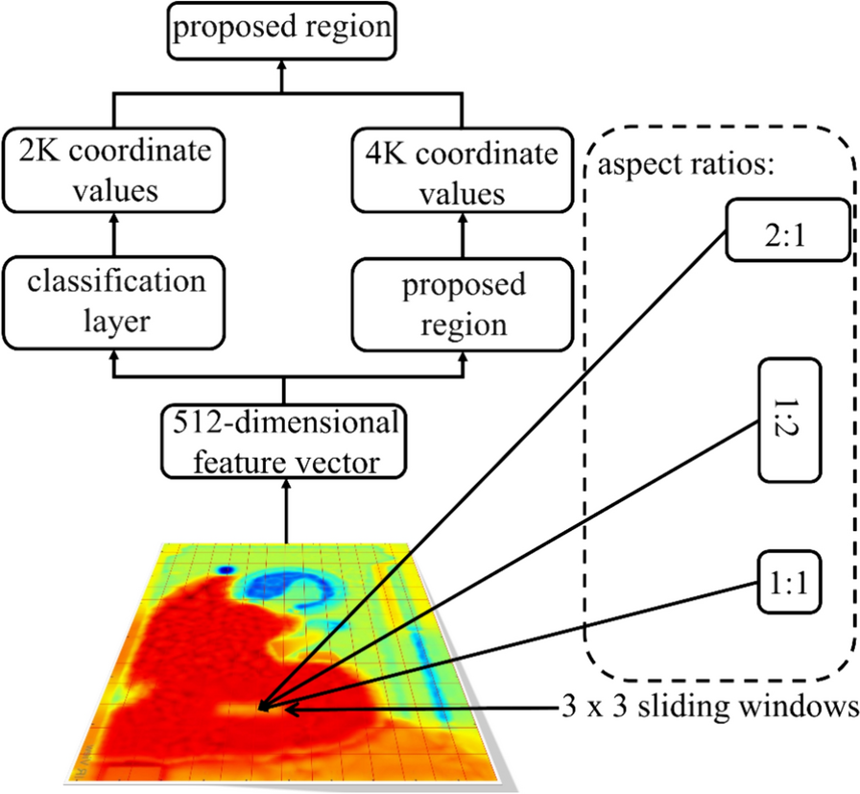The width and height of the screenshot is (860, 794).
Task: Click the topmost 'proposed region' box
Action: pyautogui.click(x=282, y=27)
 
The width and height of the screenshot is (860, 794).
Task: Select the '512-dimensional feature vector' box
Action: pyautogui.click(x=285, y=444)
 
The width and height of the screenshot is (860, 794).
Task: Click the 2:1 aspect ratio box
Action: pyautogui.click(x=788, y=229)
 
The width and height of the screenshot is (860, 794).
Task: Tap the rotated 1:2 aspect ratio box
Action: pyautogui.click(x=791, y=421)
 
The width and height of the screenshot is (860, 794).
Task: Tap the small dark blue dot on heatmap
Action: pyautogui.click(x=226, y=570)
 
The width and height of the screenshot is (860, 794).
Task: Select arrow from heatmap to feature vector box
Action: pyautogui.click(x=285, y=509)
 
